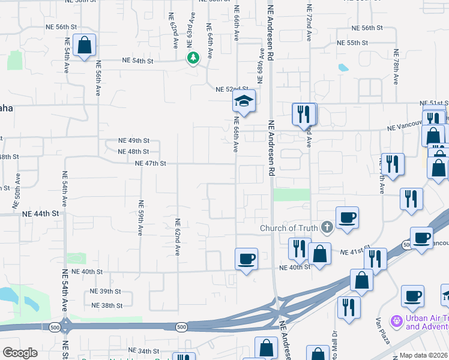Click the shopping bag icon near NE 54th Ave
[x=85, y=45]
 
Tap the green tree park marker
[x=193, y=58]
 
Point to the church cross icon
[x=327, y=227]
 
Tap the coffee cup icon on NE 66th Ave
[x=246, y=259]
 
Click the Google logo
[x=20, y=353]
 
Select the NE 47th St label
[x=150, y=163]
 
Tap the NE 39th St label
[x=106, y=291]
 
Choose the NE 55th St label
[x=352, y=43]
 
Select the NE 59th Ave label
[x=141, y=220]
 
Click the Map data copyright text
[x=424, y=355]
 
